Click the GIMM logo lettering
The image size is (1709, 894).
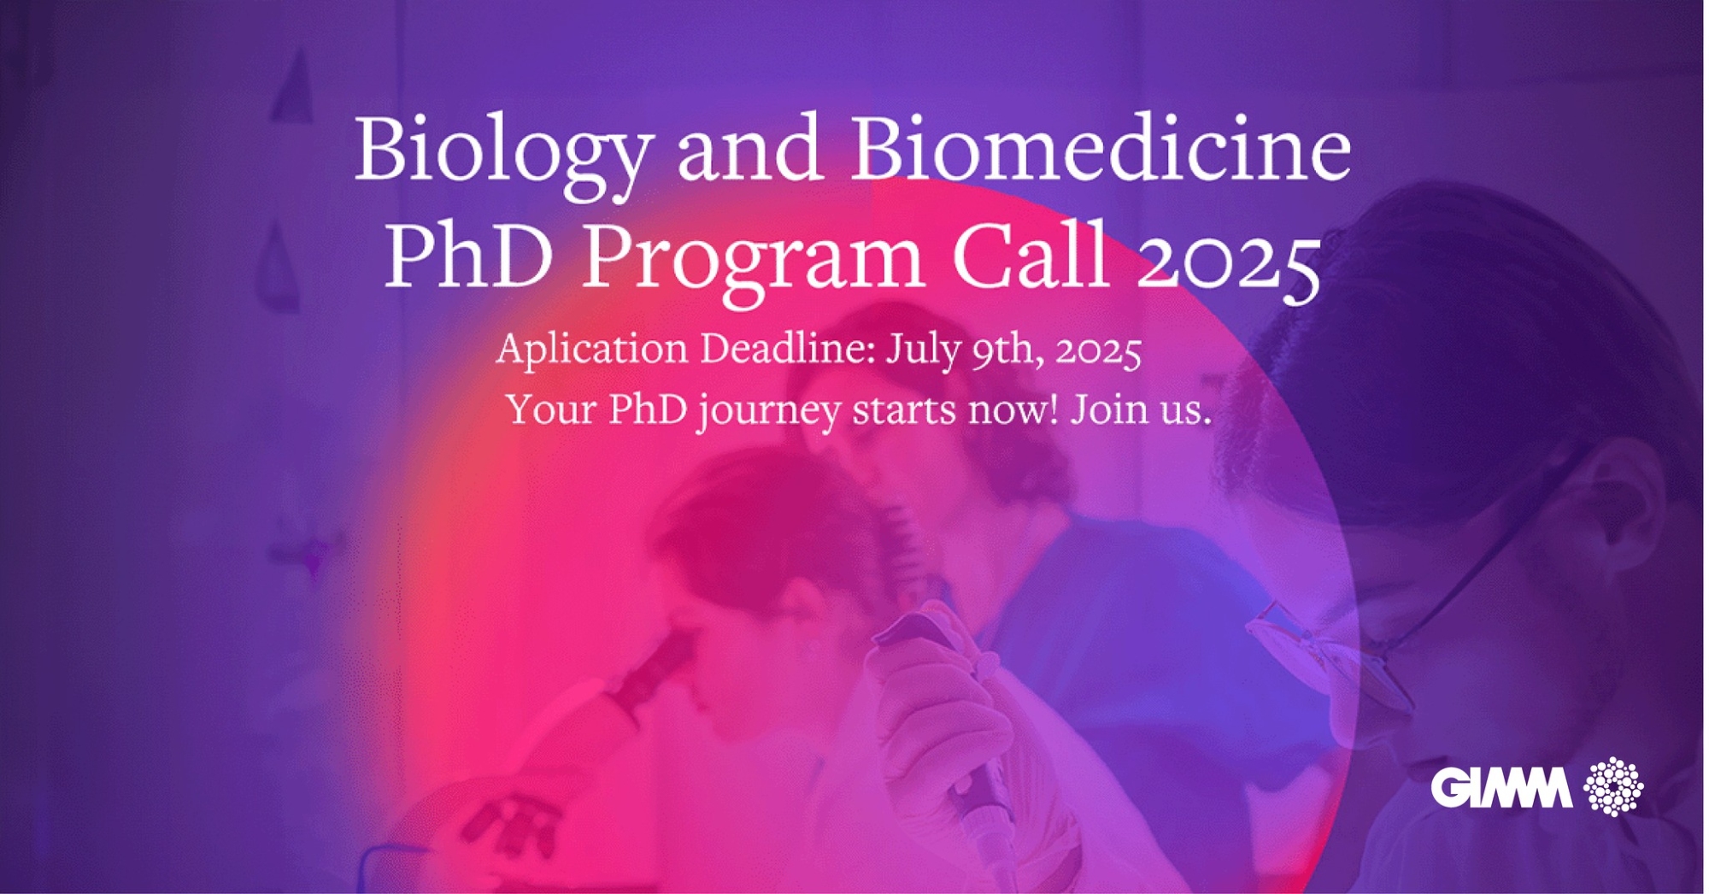(x=1501, y=787)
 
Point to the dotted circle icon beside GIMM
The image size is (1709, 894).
(x=1613, y=786)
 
